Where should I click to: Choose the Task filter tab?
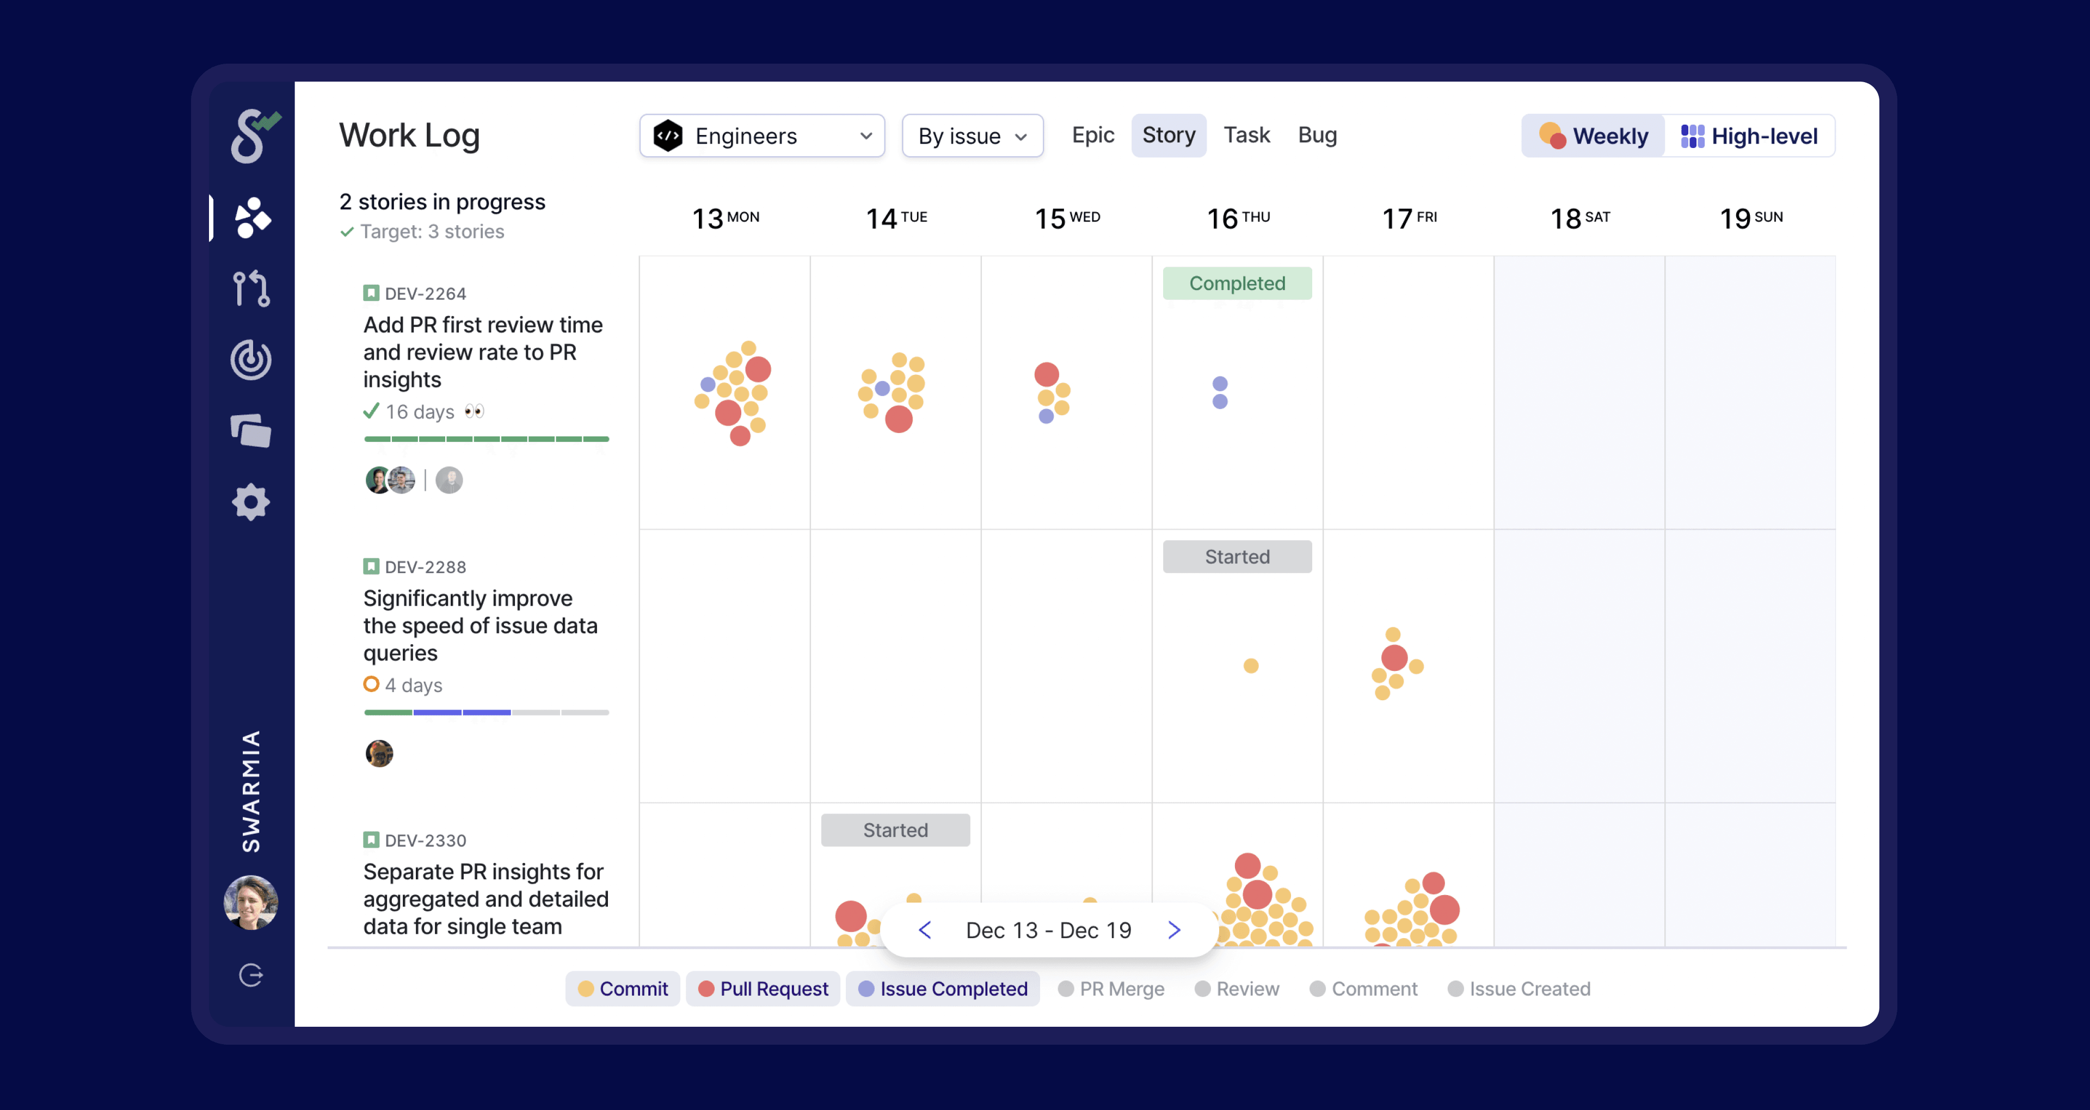1246,135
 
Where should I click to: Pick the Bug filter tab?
1317,135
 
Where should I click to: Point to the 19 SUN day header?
1751,218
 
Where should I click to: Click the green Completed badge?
1237,283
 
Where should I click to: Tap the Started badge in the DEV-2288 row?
1237,557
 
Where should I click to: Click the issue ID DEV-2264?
425,294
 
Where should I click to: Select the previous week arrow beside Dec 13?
925,930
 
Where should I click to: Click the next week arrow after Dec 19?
1174,930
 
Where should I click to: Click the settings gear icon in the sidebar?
251,502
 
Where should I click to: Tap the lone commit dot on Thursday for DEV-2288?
1251,665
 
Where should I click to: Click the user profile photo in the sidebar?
251,902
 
